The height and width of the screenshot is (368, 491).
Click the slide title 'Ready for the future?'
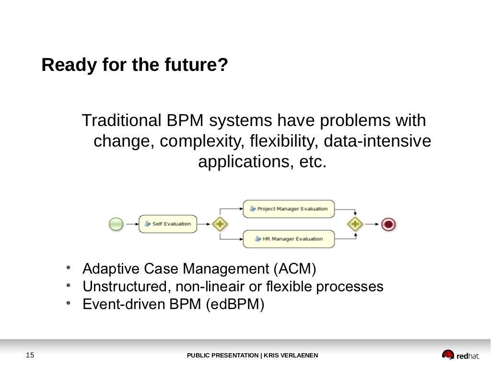[134, 65]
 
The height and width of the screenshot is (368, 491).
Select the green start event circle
[116, 224]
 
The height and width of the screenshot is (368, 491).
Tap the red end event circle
[388, 224]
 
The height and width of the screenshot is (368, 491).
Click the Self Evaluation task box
[168, 224]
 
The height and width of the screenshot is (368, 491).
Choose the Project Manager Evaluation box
[289, 209]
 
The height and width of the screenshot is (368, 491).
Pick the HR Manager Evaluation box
[289, 239]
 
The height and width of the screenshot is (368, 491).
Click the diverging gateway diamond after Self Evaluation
[220, 224]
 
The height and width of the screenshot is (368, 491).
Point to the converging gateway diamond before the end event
[355, 224]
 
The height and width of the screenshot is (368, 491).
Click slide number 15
[30, 355]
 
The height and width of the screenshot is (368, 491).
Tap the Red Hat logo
[460, 355]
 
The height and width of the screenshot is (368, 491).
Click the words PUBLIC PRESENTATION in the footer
[222, 356]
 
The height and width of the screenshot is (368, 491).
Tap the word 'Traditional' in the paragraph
[122, 120]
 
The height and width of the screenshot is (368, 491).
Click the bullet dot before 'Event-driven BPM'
[69, 303]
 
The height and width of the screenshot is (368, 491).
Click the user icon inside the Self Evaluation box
[148, 224]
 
